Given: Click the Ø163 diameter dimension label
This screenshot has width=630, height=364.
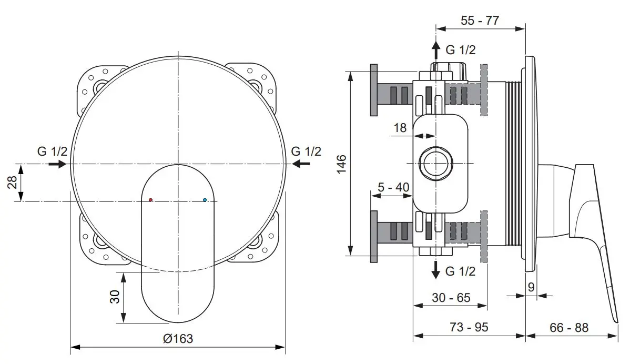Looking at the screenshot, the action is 178,339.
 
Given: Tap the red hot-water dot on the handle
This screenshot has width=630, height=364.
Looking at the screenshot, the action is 151,200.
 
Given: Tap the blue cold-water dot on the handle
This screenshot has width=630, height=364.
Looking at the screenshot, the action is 205,200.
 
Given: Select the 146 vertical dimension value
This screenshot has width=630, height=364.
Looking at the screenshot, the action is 341,164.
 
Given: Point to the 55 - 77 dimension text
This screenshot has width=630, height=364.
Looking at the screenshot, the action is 480,20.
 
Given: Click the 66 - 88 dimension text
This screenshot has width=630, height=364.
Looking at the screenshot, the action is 569,327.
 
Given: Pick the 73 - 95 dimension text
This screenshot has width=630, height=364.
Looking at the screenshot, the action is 469,327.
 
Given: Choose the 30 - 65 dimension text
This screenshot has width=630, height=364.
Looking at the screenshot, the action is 451,298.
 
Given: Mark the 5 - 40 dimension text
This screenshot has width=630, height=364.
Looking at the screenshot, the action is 393,187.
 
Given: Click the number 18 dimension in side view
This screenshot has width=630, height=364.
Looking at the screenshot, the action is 400,128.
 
